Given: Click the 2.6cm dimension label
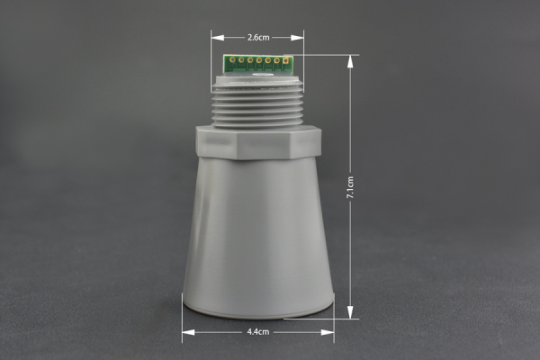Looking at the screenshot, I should click(x=258, y=38).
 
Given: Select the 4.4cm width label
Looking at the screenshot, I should click(x=257, y=331).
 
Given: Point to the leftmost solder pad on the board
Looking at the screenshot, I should click(x=233, y=61).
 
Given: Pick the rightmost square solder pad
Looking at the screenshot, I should click(x=285, y=61).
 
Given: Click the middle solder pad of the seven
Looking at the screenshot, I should click(x=259, y=61).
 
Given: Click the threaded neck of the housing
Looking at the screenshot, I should click(x=258, y=106).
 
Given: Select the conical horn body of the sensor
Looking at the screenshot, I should click(x=258, y=234).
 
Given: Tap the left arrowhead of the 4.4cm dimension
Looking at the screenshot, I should click(x=185, y=331).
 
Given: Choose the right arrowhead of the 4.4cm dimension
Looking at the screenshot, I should click(x=331, y=331).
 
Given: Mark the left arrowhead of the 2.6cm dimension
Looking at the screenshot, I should click(x=215, y=38).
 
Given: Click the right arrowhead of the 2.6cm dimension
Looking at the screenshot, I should click(x=301, y=38).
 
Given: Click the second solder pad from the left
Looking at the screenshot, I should click(x=242, y=61).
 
